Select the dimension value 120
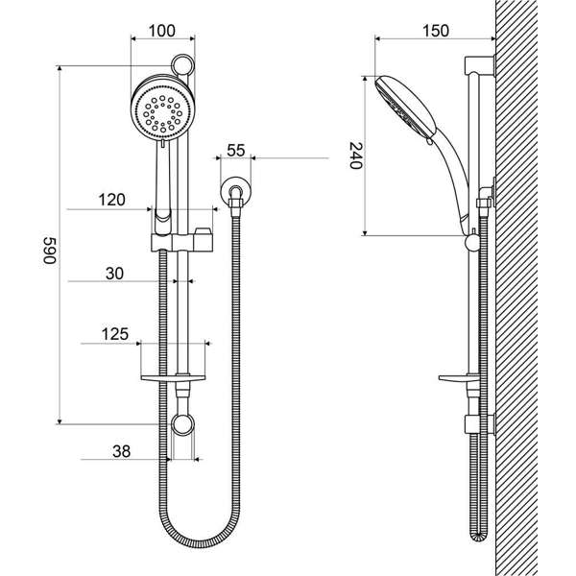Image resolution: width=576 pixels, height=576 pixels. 112,201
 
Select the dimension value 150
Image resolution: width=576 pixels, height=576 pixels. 435,31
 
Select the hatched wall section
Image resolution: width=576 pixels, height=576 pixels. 533,288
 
